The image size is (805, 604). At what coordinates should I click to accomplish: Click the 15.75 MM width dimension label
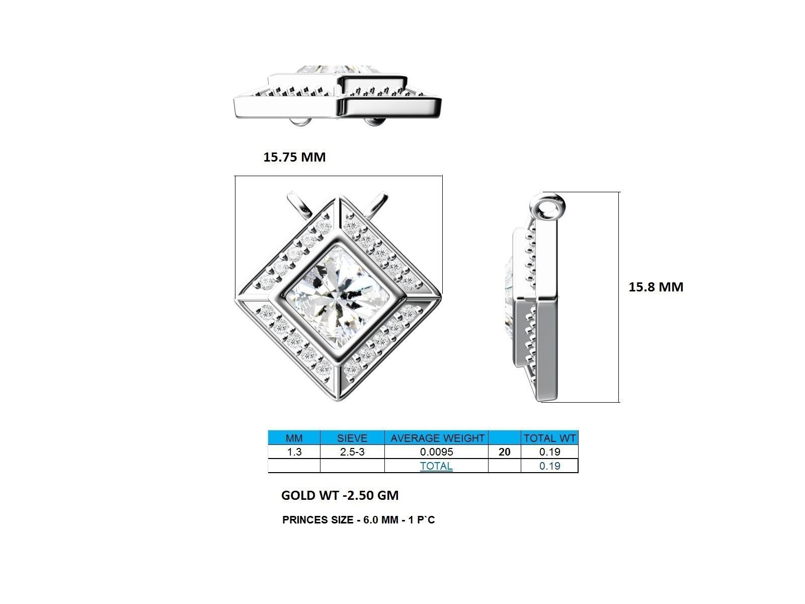point(294,157)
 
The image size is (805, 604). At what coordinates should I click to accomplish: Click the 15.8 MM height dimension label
point(656,287)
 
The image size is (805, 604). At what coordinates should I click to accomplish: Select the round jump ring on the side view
point(547,207)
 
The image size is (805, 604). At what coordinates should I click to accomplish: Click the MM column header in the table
point(294,438)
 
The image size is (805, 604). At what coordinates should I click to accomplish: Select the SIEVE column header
point(352,438)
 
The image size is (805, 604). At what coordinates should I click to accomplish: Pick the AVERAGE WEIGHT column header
point(436,438)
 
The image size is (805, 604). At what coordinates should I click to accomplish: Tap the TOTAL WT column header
point(549,438)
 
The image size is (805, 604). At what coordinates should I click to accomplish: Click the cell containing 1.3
point(294,452)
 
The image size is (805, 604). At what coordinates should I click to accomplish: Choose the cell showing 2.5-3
point(352,452)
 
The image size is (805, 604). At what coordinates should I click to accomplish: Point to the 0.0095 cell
point(436,452)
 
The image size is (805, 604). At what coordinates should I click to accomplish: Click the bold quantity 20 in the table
point(504,452)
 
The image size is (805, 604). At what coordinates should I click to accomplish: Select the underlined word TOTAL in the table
point(436,466)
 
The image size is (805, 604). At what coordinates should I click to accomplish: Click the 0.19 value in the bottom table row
point(549,466)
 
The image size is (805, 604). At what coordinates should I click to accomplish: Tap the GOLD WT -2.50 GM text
point(340,495)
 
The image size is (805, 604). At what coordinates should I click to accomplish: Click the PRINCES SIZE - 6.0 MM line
point(358,520)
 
